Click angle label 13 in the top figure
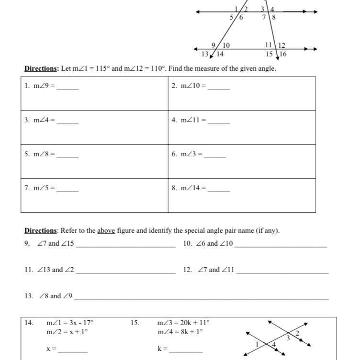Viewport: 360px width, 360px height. [x=204, y=54]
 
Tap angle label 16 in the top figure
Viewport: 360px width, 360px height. [x=283, y=54]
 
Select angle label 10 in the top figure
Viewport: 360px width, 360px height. [x=226, y=45]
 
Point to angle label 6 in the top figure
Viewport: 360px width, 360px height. [x=241, y=17]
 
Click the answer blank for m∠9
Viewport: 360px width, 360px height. [x=67, y=87]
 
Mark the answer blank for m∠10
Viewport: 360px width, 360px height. [x=218, y=87]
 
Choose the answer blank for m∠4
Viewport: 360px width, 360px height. [x=67, y=121]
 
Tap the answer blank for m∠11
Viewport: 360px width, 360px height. [x=218, y=121]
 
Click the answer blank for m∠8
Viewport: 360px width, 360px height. [x=67, y=155]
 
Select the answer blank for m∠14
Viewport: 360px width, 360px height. [x=218, y=189]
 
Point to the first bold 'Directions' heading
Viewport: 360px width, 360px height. [x=41, y=68]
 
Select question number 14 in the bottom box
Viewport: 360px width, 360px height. [x=29, y=323]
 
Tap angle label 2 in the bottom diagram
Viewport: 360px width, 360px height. [x=297, y=333]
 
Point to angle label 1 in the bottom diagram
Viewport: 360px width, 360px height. [x=257, y=344]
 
